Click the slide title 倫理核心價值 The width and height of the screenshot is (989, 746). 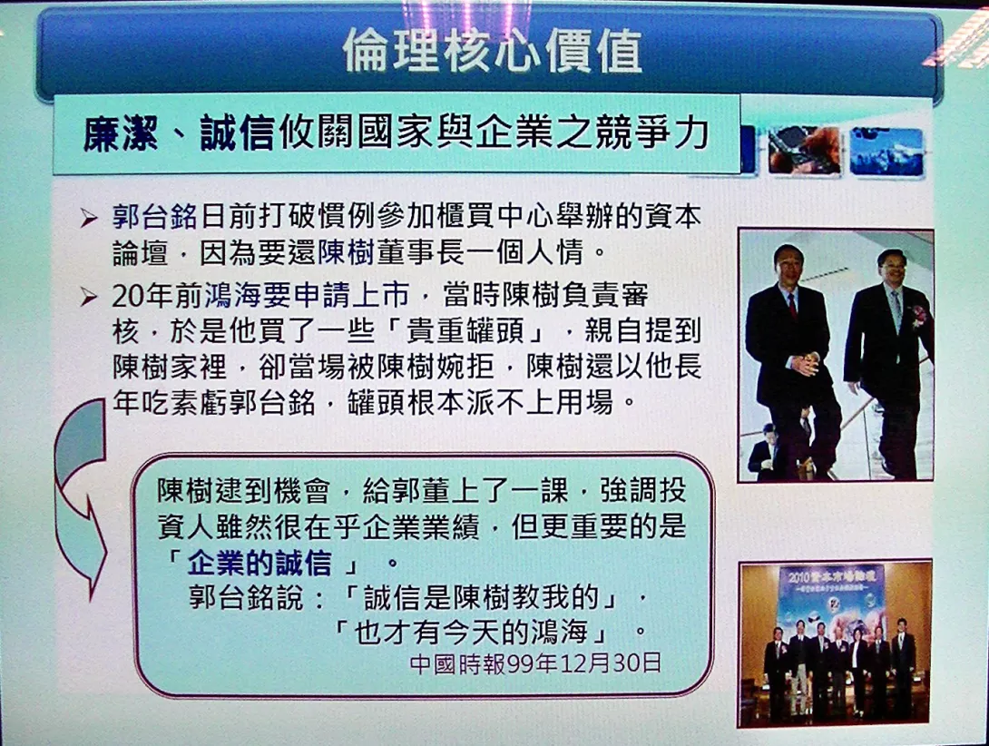click(493, 50)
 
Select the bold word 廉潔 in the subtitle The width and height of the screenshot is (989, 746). click(121, 133)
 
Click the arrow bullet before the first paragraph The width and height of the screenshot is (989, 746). click(88, 219)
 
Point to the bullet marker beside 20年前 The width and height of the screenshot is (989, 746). click(88, 296)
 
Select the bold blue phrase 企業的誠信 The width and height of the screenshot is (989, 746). click(259, 563)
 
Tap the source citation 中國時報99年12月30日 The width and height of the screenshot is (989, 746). click(534, 663)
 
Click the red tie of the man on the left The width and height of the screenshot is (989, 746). click(792, 306)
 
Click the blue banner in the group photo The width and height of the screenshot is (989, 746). click(831, 600)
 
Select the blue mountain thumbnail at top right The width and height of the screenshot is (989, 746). click(886, 152)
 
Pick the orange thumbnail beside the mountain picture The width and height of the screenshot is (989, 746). click(804, 151)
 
